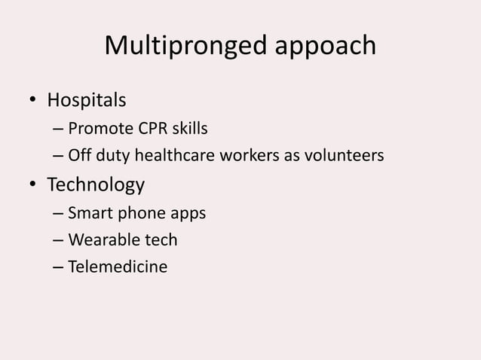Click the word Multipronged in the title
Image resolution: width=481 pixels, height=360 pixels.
pos(183,46)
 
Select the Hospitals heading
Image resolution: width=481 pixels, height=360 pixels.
pos(87,99)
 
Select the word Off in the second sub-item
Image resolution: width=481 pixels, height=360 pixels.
pos(79,156)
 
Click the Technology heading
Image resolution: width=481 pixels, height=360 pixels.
pos(96,185)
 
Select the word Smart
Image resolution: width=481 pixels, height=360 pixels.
pos(88,213)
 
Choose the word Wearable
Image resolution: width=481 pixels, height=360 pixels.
pos(100,240)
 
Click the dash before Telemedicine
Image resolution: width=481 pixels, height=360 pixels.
pos(58,267)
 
